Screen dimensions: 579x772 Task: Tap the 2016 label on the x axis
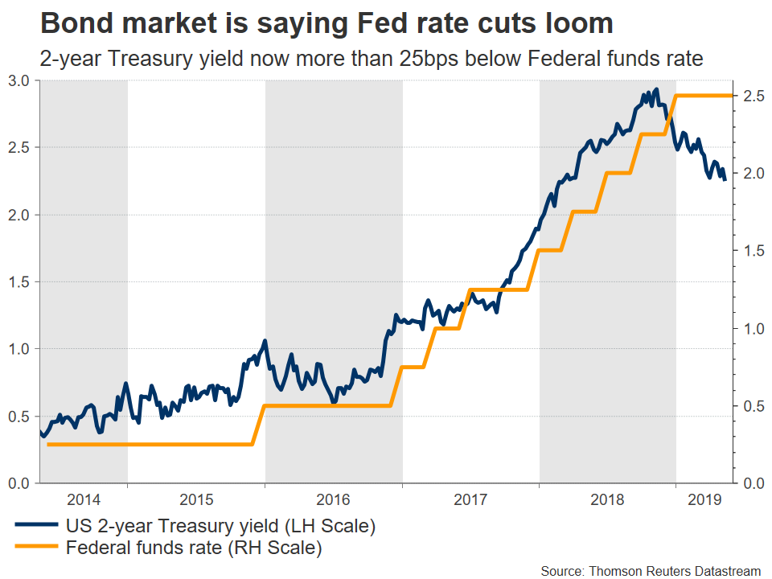[334, 499]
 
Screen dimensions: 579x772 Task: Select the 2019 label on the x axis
[704, 499]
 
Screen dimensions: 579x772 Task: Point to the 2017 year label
[470, 499]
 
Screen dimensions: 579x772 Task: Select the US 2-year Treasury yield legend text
[221, 528]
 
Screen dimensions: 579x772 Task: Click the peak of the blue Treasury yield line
[657, 89]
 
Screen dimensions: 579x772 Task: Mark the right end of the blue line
[725, 179]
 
